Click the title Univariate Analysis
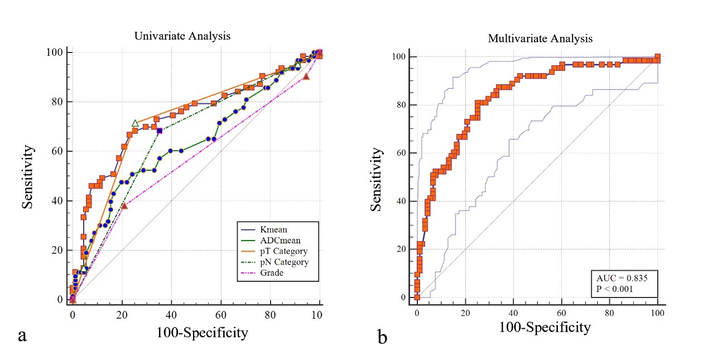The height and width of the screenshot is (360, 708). [182, 36]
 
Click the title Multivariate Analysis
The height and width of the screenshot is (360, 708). [540, 39]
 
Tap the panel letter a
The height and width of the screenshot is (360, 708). [23, 336]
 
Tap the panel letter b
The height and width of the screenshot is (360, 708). [383, 337]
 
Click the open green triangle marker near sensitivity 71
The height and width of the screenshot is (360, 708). [134, 123]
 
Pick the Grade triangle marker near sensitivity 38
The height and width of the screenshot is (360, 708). [124, 206]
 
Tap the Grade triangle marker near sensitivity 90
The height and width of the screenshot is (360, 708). [306, 76]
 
